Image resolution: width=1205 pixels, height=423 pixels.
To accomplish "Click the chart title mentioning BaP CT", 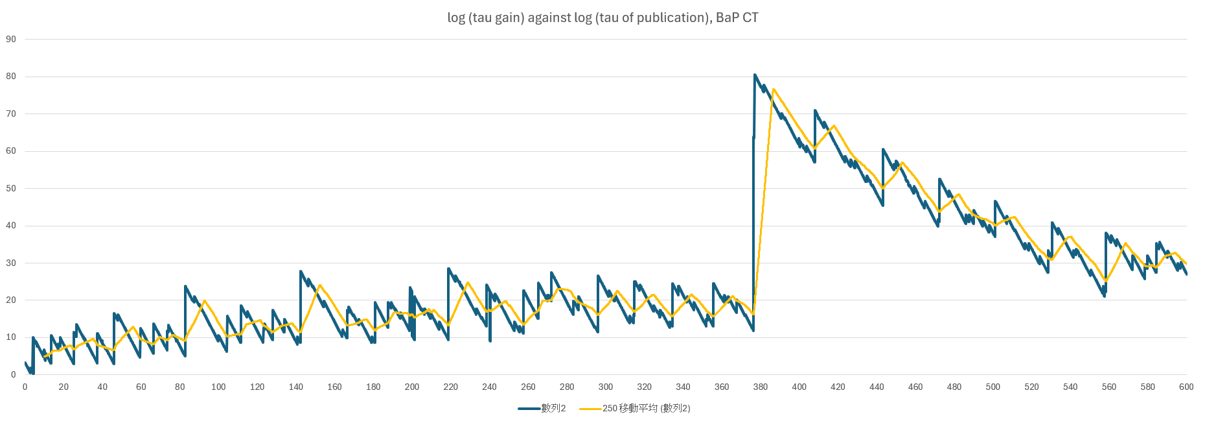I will (602, 18).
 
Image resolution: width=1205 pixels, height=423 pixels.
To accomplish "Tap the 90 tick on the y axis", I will (11, 39).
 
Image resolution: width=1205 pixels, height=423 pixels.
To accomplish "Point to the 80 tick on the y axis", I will (11, 77).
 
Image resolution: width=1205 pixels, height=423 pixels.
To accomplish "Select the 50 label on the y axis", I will (11, 188).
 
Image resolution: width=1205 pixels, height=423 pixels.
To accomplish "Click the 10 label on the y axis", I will (11, 337).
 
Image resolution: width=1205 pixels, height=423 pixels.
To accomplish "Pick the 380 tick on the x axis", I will (760, 387).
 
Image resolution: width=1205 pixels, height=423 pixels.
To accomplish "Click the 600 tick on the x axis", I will (1186, 387).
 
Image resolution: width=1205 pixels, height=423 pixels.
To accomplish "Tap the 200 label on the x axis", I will (412, 387).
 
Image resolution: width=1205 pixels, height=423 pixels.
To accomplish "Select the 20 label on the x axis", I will (63, 387).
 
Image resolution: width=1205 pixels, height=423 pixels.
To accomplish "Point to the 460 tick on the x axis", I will (915, 387).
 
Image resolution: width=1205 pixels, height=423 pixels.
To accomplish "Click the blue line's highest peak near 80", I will (755, 75).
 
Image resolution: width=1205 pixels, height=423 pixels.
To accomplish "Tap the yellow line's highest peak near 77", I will (774, 90).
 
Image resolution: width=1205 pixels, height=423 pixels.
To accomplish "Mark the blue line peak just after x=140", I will (301, 271).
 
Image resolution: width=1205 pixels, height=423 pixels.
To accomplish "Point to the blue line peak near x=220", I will (448, 269).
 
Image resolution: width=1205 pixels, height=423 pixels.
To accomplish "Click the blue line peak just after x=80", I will (185, 286).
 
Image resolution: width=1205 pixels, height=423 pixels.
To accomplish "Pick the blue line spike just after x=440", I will (883, 149).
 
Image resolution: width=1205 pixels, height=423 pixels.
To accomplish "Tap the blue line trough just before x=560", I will (1104, 296).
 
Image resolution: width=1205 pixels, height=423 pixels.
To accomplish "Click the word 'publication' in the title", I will (671, 18).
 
